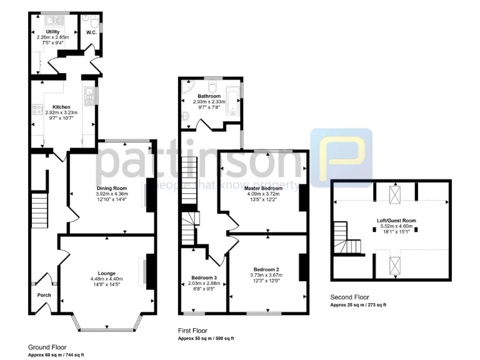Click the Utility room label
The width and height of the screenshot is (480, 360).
click(x=52, y=30)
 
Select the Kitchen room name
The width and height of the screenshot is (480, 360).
click(x=61, y=107)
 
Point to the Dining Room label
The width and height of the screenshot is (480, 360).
click(x=112, y=188)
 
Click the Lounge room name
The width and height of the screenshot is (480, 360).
click(x=107, y=273)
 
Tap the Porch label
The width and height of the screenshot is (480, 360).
click(x=44, y=296)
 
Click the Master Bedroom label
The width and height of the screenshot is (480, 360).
click(x=262, y=188)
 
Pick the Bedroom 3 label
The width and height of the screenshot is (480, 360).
click(x=204, y=277)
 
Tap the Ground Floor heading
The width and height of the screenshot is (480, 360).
click(x=47, y=347)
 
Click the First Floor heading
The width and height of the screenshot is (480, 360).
click(x=193, y=331)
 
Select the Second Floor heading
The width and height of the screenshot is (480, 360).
click(x=350, y=297)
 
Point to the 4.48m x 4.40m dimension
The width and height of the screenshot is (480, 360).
click(x=107, y=279)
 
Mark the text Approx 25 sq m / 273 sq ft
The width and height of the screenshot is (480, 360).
click(x=359, y=304)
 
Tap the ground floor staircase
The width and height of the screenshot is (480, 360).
click(x=39, y=210)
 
